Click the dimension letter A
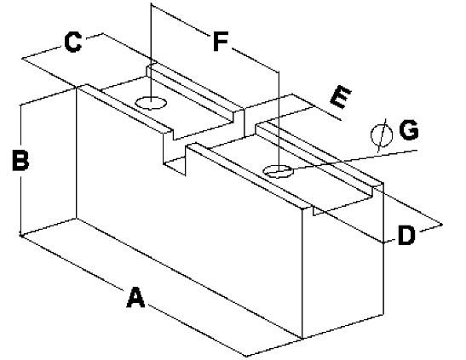tap(135, 297)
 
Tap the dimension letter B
tap(20, 161)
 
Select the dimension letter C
tap(72, 43)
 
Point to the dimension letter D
tap(406, 235)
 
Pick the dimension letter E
tap(341, 96)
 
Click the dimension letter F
tap(220, 41)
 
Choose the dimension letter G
tap(409, 129)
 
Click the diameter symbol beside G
tap(382, 135)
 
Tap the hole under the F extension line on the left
tap(151, 103)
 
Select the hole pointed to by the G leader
tap(279, 171)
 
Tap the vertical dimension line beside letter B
tap(20, 169)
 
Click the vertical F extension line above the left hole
tap(151, 53)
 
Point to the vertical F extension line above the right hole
tap(279, 121)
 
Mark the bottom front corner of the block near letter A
tap(302, 339)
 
